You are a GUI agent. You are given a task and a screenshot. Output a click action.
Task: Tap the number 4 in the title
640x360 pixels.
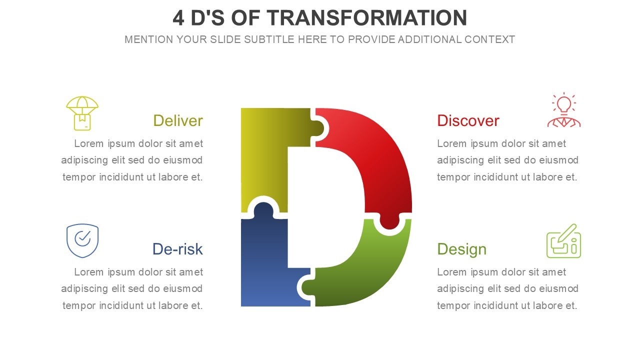[178, 18]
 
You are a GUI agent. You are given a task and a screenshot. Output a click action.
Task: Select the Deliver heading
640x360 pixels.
[177, 120]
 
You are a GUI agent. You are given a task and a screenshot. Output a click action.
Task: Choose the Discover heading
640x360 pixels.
[468, 120]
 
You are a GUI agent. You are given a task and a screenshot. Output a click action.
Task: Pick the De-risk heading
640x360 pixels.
[177, 249]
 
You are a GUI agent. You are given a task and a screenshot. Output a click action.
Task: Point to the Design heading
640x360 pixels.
[461, 249]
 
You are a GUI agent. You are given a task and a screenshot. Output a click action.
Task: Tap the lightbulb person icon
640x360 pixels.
[563, 110]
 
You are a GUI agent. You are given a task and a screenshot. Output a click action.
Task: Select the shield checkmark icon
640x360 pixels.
[82, 240]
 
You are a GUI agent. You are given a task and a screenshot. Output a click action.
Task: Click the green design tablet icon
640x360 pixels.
[563, 241]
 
